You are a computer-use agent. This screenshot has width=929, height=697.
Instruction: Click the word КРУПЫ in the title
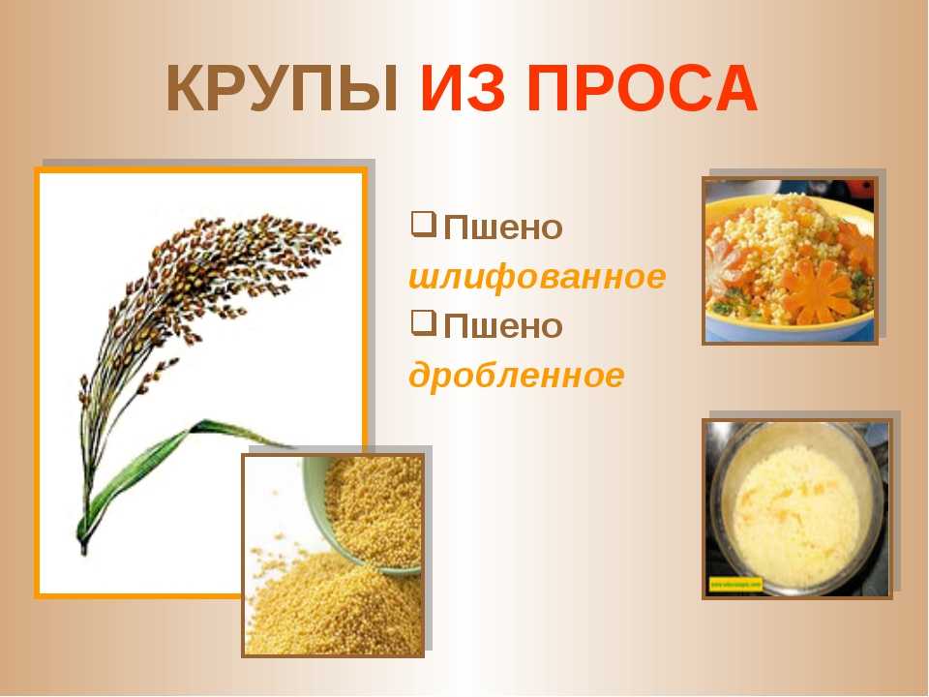coord(282,89)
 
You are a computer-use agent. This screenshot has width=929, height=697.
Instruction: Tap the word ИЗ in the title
coord(463,89)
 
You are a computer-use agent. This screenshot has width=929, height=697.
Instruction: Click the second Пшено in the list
coord(503,326)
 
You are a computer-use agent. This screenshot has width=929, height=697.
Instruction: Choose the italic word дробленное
coord(516,376)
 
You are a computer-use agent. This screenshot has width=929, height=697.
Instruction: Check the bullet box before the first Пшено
coord(424,226)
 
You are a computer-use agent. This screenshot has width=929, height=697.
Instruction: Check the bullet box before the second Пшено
coord(424,323)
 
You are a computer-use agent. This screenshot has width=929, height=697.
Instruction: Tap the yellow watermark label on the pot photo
coord(734,585)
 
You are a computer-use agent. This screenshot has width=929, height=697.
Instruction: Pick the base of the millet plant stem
coord(83,548)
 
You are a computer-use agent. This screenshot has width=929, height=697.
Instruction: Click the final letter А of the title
coord(735,89)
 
